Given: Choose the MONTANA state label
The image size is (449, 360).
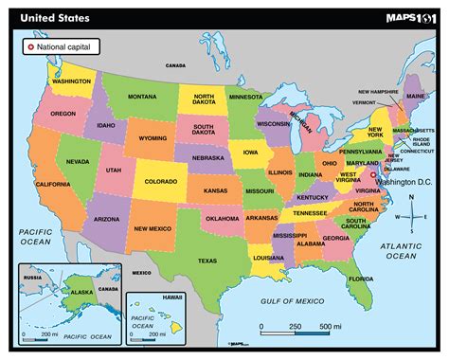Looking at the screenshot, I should [x=142, y=98].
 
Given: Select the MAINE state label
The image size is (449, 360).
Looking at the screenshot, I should [x=415, y=96].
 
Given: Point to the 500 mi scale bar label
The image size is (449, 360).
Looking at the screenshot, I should [x=332, y=327].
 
